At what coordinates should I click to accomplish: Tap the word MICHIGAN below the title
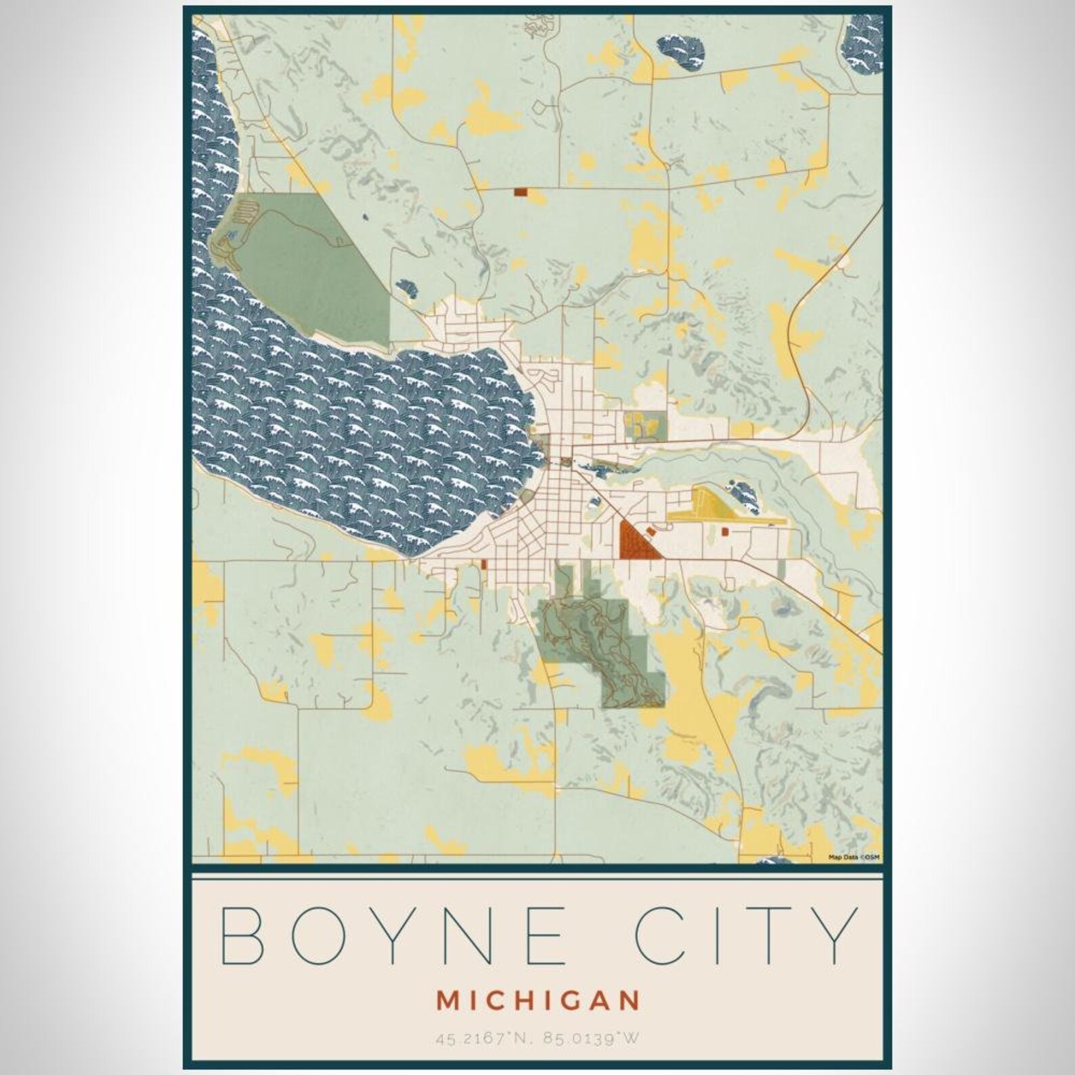[537, 1001]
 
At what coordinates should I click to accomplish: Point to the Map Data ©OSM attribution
[854, 858]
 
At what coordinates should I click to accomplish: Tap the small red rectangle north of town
[520, 192]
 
